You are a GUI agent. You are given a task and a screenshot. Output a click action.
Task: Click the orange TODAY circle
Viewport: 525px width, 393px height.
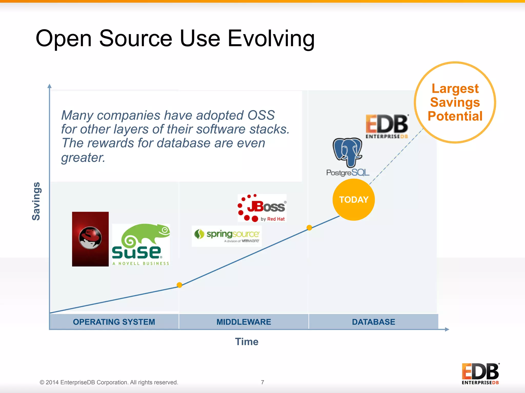354,200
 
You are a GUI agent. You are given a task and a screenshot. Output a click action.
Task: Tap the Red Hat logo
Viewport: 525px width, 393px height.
90,239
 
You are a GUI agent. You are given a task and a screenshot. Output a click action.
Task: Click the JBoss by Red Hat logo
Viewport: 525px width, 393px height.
262,208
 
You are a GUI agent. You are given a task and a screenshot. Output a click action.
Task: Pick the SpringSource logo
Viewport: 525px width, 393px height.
227,236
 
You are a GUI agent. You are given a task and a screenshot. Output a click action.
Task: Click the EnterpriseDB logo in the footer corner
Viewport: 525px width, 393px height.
480,374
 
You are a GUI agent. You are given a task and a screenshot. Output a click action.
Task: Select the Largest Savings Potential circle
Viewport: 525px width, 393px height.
455,102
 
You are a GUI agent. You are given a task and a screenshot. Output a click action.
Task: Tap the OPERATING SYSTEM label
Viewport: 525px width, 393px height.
114,322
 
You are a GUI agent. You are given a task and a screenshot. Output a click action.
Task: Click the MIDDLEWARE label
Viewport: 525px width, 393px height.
244,322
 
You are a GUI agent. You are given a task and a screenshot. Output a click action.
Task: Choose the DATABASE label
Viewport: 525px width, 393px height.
373,322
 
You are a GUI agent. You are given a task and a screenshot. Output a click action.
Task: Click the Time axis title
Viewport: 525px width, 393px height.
247,342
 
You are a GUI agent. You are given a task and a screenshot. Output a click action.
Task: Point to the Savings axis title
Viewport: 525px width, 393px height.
36,201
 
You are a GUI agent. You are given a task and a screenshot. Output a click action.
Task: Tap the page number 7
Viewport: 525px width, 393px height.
262,382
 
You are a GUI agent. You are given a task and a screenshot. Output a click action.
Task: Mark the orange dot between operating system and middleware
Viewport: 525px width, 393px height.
179,285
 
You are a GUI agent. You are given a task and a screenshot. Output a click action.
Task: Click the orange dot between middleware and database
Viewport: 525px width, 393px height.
309,228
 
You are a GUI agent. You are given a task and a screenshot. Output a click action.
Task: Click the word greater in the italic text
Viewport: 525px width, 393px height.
83,157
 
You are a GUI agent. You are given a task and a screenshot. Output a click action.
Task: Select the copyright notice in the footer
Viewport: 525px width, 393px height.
109,382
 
